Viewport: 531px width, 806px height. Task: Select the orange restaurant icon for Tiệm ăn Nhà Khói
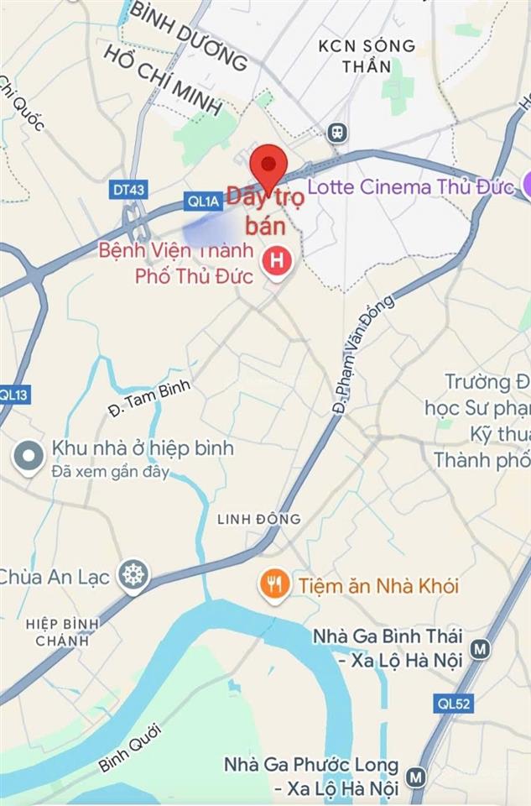[x=274, y=584]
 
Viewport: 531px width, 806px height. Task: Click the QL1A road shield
[x=202, y=201]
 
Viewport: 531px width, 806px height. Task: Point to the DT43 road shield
[x=128, y=191]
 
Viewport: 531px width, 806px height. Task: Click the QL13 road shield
[x=12, y=393]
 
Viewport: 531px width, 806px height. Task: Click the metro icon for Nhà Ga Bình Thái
[x=480, y=649]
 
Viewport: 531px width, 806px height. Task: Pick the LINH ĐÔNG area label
[x=258, y=519]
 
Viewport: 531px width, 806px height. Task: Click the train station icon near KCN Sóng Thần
[x=338, y=132]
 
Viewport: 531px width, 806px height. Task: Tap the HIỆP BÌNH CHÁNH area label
[x=62, y=631]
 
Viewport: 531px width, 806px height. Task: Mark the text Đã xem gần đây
[x=110, y=472]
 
